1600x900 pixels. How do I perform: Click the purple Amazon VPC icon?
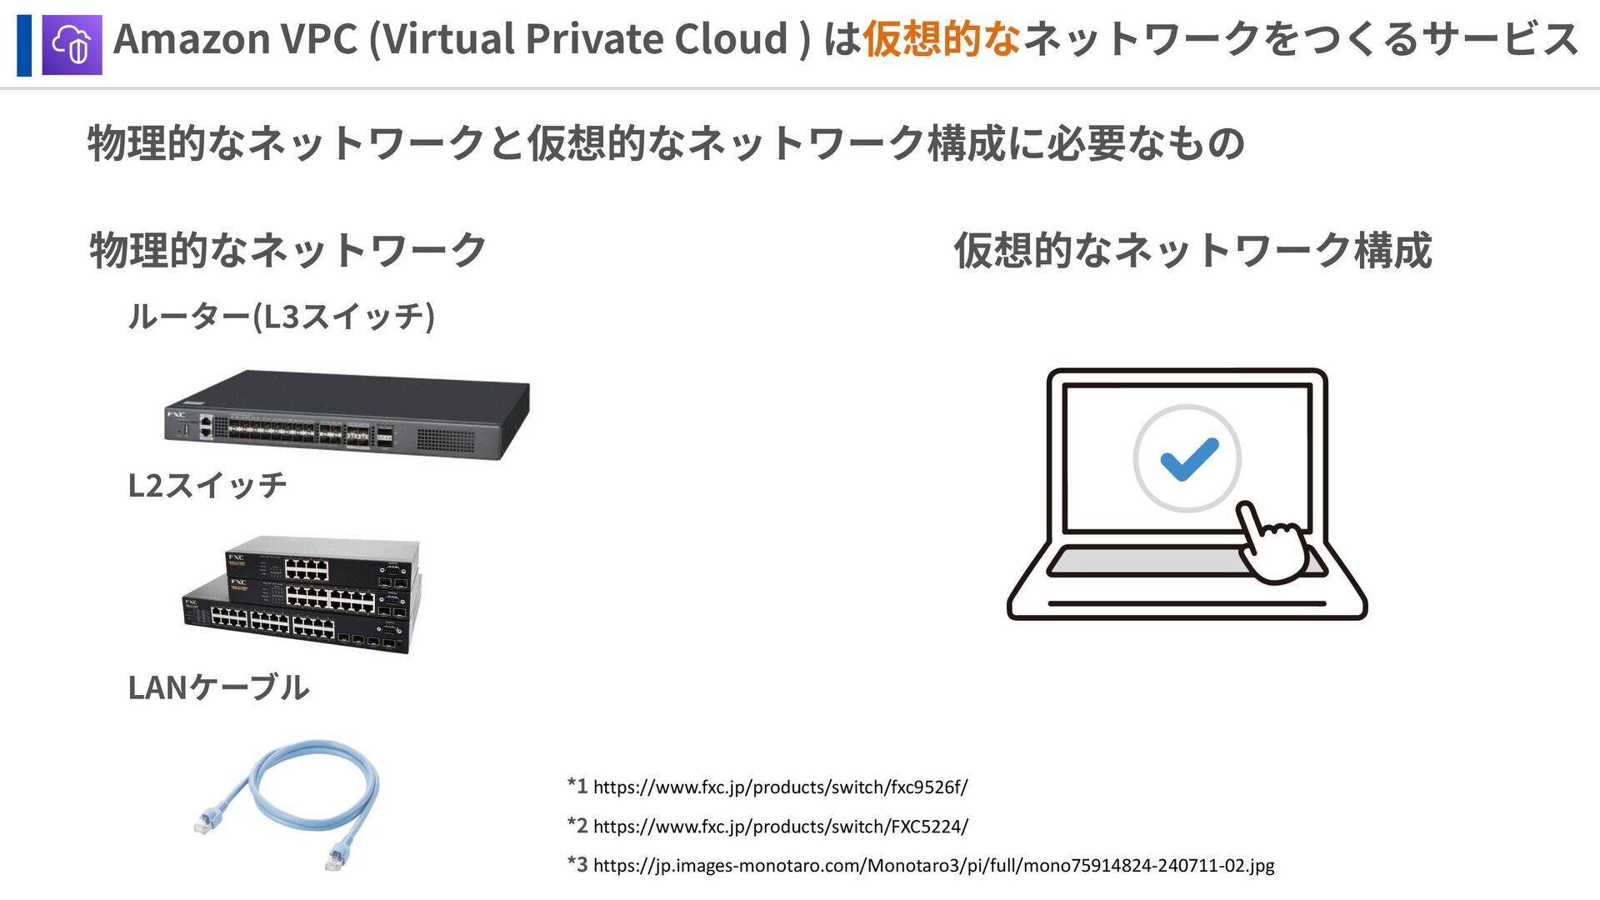click(72, 45)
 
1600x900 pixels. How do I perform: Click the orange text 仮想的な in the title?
click(942, 39)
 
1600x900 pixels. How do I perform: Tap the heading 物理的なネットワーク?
click(287, 250)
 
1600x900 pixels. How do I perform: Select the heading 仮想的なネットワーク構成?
click(1192, 250)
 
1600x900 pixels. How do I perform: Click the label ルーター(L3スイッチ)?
click(282, 317)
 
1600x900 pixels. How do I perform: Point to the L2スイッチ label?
click(207, 485)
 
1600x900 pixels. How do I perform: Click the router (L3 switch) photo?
click(347, 414)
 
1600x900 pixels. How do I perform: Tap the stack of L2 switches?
click(302, 593)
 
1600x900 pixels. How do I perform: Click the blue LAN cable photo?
click(287, 802)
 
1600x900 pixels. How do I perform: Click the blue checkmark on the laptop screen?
click(1189, 458)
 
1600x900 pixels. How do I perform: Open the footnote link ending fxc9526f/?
click(780, 787)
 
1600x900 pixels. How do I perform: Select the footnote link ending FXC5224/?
click(780, 827)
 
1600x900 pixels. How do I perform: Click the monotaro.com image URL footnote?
click(933, 866)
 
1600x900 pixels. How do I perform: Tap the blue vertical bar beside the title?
click(24, 45)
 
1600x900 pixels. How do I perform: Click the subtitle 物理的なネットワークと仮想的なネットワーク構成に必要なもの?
click(665, 143)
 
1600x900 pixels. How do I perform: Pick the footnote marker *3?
click(577, 864)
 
